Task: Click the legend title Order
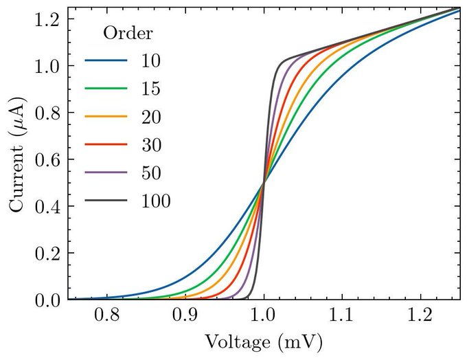(128, 33)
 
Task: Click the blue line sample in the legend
(106, 60)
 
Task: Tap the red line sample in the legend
(106, 145)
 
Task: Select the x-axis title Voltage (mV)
(264, 341)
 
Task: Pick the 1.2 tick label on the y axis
(45, 19)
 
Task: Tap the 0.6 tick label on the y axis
(45, 159)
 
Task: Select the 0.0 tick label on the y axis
(45, 300)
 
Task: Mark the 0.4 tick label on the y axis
(45, 206)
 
